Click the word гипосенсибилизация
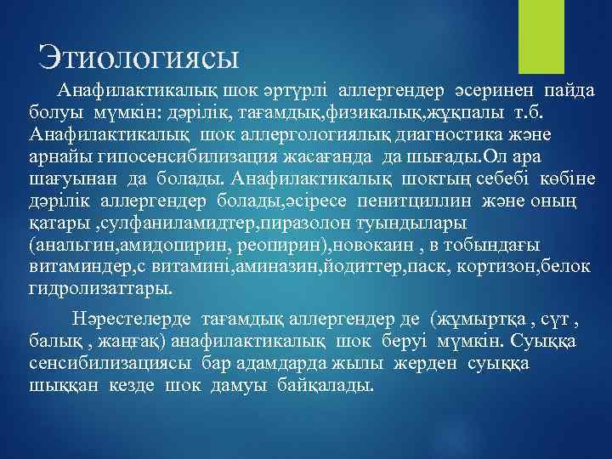click(x=171, y=157)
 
